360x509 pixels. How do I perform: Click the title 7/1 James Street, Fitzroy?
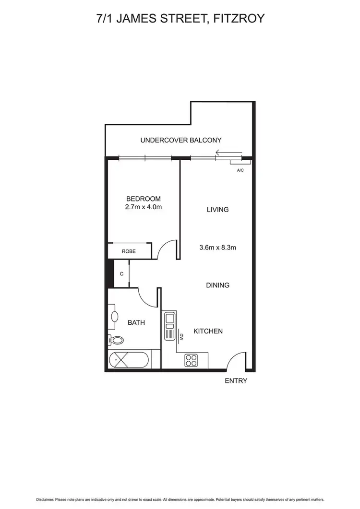click(x=180, y=19)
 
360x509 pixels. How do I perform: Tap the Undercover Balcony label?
click(x=180, y=141)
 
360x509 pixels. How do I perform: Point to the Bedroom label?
click(x=143, y=199)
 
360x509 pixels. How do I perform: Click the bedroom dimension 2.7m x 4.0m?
click(x=143, y=207)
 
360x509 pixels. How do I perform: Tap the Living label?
click(x=217, y=210)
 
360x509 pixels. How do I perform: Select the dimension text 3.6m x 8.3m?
click(x=217, y=248)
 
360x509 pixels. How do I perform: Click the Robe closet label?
click(x=128, y=251)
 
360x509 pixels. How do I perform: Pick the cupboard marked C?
click(x=121, y=274)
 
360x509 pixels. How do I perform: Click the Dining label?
click(x=217, y=285)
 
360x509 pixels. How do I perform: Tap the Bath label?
click(x=136, y=323)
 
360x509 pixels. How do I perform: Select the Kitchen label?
click(x=208, y=331)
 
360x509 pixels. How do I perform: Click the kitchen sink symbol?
click(x=170, y=326)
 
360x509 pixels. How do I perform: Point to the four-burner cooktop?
click(x=192, y=360)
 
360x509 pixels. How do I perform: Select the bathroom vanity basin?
click(x=115, y=317)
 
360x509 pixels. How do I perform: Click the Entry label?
click(x=236, y=381)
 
